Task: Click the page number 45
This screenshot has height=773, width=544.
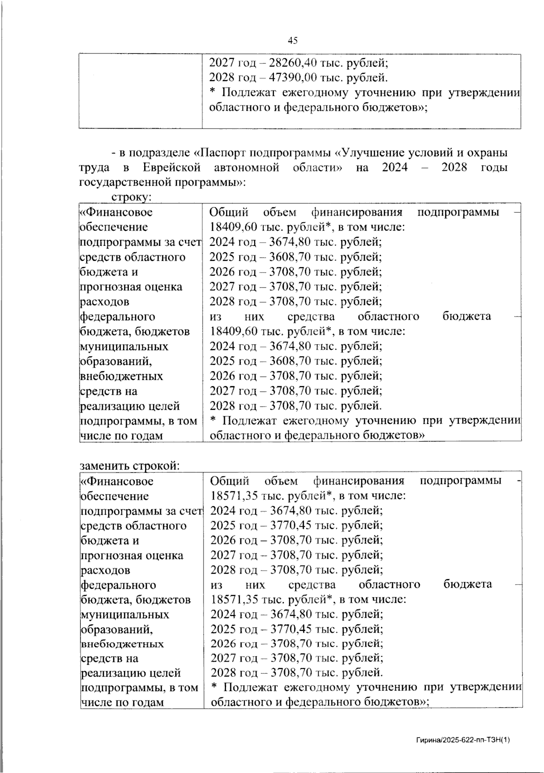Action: (x=293, y=41)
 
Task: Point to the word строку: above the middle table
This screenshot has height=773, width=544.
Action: (x=131, y=197)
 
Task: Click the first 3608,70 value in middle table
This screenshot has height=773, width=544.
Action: (x=291, y=257)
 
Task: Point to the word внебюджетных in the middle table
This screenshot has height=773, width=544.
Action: (x=121, y=376)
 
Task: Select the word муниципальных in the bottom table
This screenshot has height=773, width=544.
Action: (x=125, y=615)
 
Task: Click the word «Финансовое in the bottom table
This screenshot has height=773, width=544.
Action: (x=117, y=481)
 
